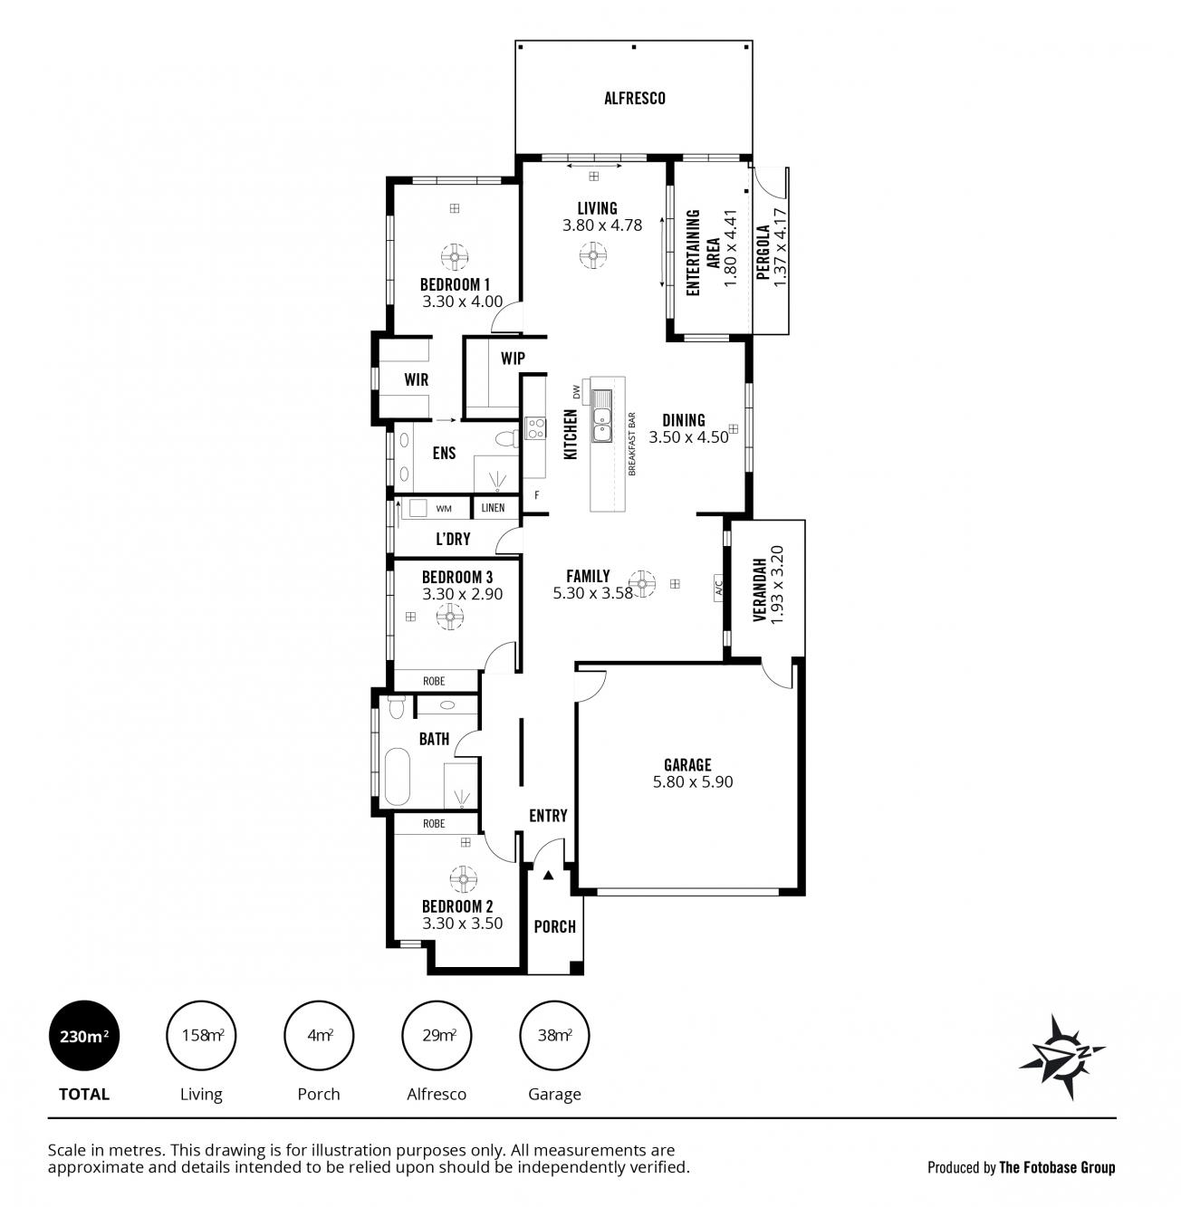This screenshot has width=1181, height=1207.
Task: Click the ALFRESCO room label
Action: point(635,99)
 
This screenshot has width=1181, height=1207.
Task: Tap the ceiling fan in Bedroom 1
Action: point(455,256)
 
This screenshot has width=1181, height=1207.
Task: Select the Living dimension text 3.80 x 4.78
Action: point(602,225)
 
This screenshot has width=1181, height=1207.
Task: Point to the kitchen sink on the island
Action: point(601,416)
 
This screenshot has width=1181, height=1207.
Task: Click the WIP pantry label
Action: point(513,359)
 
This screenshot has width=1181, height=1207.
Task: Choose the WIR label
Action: point(417,379)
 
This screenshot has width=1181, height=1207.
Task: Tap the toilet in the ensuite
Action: point(507,438)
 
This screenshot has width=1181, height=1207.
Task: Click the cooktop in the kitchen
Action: point(535,427)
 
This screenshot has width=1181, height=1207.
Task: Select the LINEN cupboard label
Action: point(493,508)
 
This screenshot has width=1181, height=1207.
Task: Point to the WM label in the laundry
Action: point(444,509)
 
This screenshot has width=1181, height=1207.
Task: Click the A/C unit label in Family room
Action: point(719,585)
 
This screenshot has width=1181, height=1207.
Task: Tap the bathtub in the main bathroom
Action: point(398,776)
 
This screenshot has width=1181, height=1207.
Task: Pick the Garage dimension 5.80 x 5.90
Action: point(693,781)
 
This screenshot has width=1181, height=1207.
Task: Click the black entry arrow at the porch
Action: point(548,876)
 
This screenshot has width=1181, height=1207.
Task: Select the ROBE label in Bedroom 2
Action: point(434,824)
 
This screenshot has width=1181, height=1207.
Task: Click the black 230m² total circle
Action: point(84,1036)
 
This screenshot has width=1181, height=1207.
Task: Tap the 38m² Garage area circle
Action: point(554,1036)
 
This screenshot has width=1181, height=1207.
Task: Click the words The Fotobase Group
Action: point(1057,1168)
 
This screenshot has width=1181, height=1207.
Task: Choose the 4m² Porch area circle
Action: point(319,1036)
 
